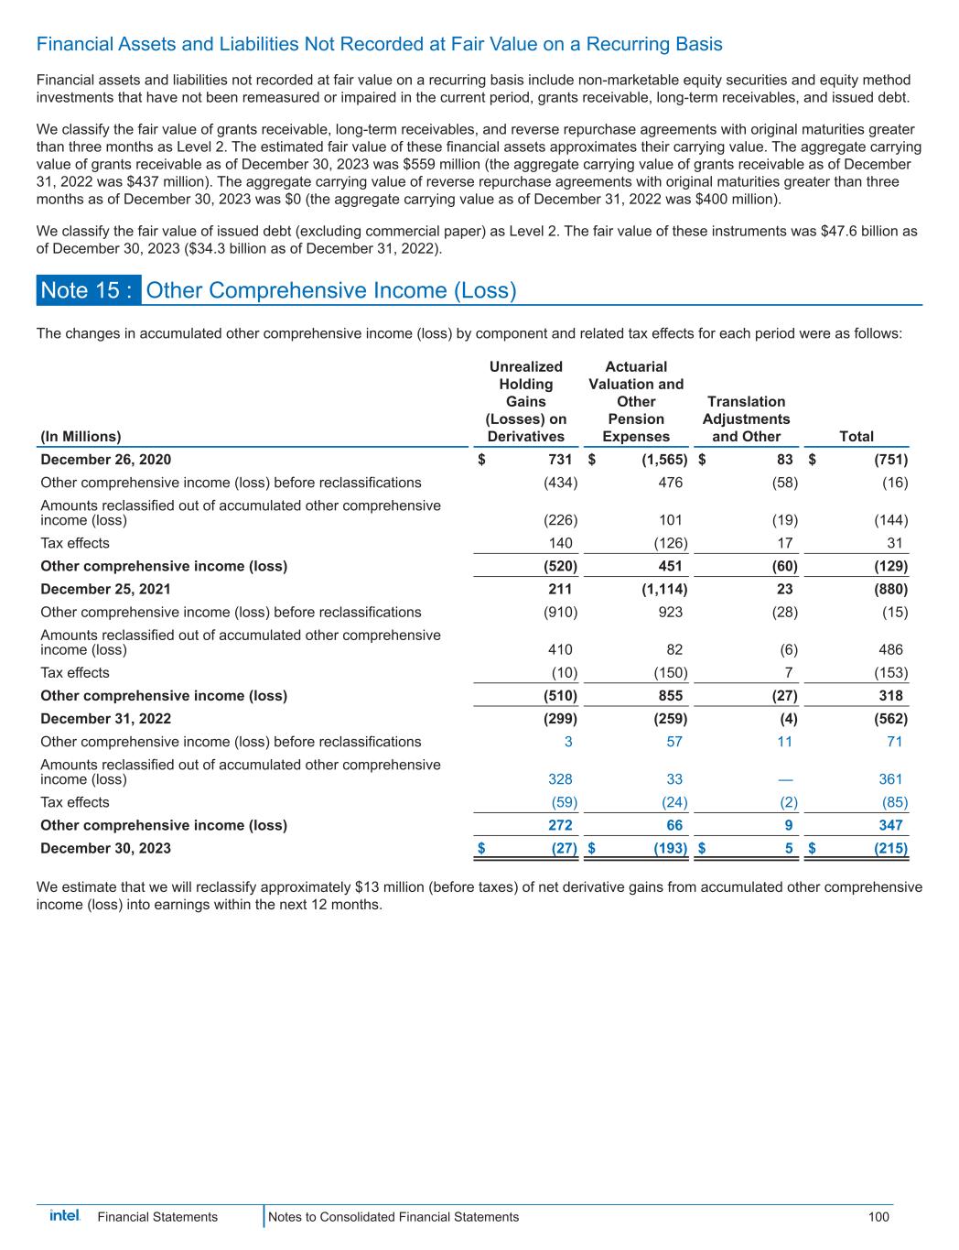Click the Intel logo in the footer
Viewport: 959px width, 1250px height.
pyautogui.click(x=65, y=1215)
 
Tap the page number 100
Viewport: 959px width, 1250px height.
pyautogui.click(x=878, y=1217)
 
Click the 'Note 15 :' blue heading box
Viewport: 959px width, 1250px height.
pyautogui.click(x=89, y=290)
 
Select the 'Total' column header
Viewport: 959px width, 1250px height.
pyautogui.click(x=857, y=437)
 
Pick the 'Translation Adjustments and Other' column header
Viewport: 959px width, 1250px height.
pyautogui.click(x=747, y=418)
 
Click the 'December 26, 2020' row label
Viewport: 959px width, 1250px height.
pyautogui.click(x=106, y=460)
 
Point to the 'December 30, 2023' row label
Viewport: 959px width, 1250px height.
pyautogui.click(x=106, y=848)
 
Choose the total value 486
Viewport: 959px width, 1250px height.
pyautogui.click(x=889, y=649)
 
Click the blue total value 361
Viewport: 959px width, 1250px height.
pyautogui.click(x=889, y=779)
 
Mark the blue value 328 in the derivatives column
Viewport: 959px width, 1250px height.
pyautogui.click(x=560, y=779)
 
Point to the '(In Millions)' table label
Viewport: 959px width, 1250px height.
pyautogui.click(x=81, y=437)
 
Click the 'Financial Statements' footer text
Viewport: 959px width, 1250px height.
pyautogui.click(x=157, y=1217)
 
